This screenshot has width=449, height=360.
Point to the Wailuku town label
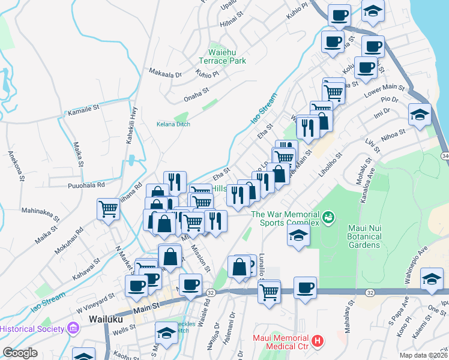[105, 319]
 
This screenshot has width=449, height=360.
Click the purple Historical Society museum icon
[73, 328]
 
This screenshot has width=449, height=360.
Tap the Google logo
[20, 353]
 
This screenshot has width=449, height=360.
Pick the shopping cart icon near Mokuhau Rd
[108, 209]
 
